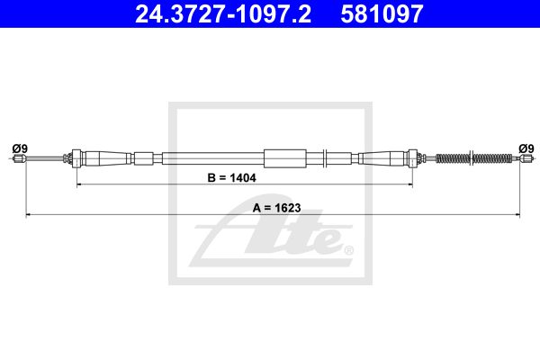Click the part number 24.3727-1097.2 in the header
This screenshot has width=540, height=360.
tap(223, 14)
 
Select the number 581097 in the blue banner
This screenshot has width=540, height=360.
tap(382, 14)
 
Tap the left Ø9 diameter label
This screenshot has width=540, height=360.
tap(20, 148)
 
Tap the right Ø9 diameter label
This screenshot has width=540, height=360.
tap(526, 148)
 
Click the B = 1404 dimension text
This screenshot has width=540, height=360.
tap(232, 178)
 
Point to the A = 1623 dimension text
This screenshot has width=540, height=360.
tap(276, 208)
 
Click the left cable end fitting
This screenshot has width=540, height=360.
tap(19, 158)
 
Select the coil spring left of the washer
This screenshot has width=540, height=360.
tap(453, 158)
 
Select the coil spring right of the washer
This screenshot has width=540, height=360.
tap(492, 158)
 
